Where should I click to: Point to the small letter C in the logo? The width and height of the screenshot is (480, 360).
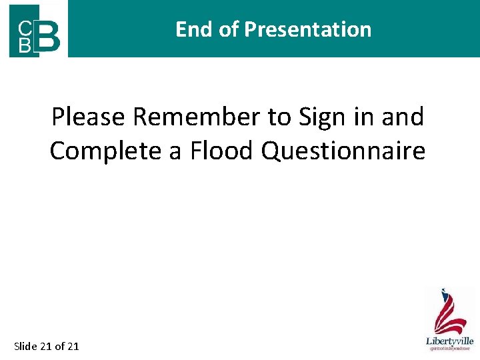(x=23, y=27)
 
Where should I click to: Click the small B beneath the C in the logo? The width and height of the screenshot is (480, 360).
(x=23, y=45)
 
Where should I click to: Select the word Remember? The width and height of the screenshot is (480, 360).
(x=197, y=117)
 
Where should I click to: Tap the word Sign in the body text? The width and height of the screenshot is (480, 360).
(x=319, y=117)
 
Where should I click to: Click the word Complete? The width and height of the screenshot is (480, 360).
(x=106, y=151)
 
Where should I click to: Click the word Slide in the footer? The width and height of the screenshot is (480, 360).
(x=25, y=345)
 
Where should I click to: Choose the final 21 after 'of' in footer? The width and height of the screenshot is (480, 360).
(x=73, y=345)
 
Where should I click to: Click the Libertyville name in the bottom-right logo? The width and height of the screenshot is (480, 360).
(x=450, y=341)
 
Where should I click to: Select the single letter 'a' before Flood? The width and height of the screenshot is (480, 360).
(x=175, y=151)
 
